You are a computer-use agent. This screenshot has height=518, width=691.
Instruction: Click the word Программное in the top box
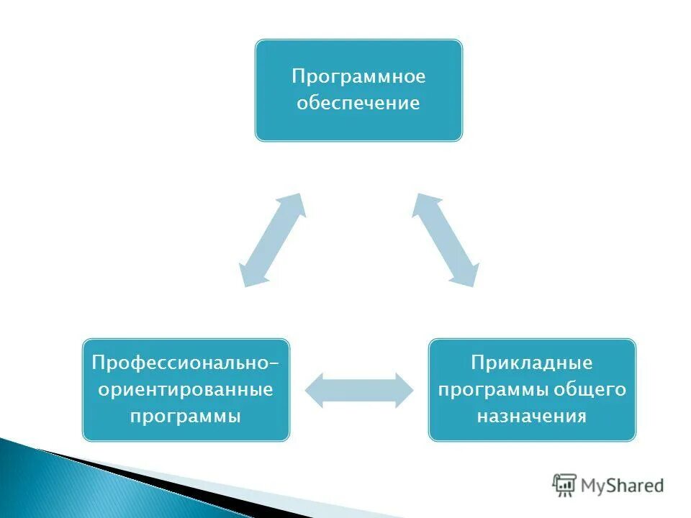(x=358, y=76)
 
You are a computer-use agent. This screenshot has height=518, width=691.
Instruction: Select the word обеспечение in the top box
(x=358, y=103)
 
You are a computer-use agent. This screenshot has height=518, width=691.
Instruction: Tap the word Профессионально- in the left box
(x=186, y=363)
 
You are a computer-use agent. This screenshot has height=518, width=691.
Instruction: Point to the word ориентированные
(x=186, y=390)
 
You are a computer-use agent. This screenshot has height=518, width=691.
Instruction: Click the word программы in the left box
(x=186, y=417)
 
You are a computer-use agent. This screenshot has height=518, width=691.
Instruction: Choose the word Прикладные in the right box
(x=532, y=363)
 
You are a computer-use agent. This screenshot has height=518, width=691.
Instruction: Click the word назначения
(x=532, y=417)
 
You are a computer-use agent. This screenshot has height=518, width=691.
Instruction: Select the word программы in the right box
(x=493, y=390)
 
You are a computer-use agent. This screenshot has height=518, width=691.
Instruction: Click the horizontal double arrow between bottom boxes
(x=359, y=390)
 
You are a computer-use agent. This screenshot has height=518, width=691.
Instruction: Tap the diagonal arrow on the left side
(x=271, y=240)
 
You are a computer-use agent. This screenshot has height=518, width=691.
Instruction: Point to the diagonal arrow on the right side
(x=446, y=240)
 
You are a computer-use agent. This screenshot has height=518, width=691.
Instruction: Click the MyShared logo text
(x=622, y=486)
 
